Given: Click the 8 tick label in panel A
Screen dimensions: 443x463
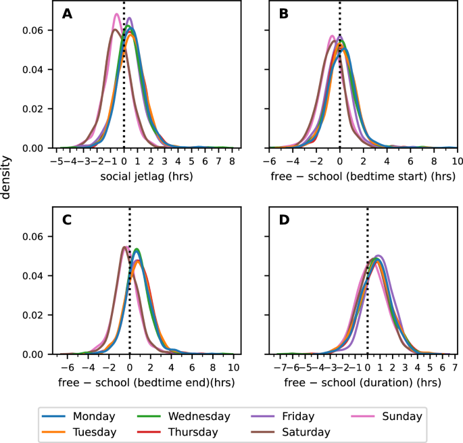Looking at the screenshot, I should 231,162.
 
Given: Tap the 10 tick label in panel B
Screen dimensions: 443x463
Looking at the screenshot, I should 456,162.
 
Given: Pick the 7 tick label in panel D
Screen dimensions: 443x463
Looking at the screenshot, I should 456,368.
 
